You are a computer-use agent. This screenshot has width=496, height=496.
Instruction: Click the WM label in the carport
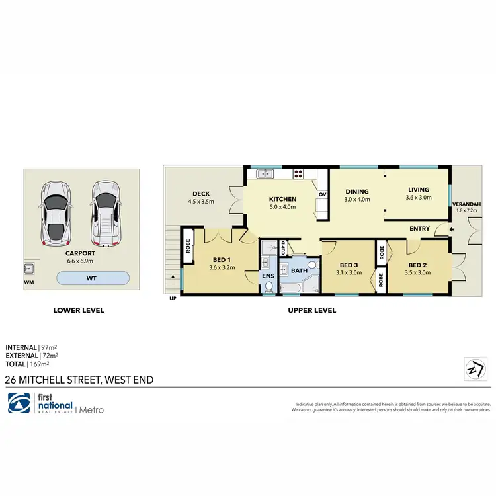[x=28, y=282]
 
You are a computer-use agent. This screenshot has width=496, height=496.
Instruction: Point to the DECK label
[x=201, y=194]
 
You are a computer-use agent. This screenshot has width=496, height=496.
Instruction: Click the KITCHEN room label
[x=282, y=199]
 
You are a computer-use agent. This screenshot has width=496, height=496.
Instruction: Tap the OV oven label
[x=323, y=194]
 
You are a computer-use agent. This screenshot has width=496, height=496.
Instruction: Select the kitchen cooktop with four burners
[x=298, y=174]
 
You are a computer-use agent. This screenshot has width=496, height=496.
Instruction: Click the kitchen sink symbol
[x=265, y=174]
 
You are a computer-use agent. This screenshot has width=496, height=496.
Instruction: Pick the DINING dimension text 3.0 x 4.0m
[x=358, y=199]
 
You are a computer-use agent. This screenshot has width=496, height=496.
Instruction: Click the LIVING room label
[x=419, y=189]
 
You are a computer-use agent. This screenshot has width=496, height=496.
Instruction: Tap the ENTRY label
[x=419, y=229]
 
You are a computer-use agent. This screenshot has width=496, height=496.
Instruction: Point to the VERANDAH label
[x=470, y=204]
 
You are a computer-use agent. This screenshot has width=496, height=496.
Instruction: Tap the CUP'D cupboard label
[x=283, y=248]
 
